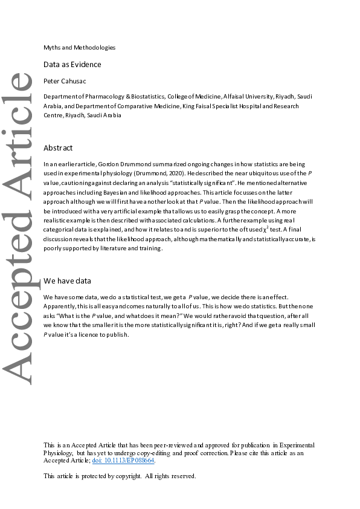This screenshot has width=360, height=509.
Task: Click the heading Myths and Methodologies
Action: (x=79, y=47)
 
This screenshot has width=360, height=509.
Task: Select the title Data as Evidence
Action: (x=72, y=64)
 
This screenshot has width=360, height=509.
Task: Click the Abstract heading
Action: (x=58, y=148)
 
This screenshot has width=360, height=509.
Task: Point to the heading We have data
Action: (x=68, y=280)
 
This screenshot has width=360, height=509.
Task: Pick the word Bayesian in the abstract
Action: (x=137, y=190)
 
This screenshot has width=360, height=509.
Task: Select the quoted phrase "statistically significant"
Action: (x=202, y=181)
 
